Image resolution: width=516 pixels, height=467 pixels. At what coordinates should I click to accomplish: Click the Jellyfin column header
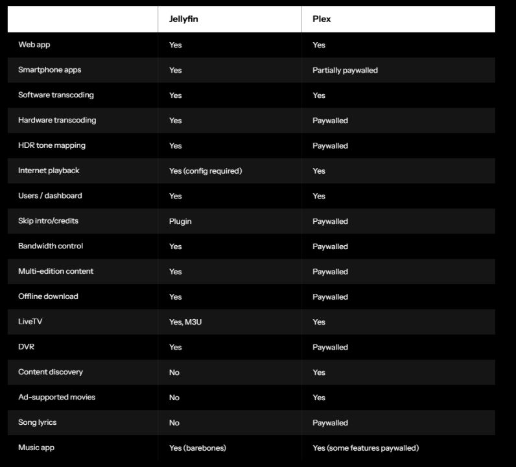click(183, 19)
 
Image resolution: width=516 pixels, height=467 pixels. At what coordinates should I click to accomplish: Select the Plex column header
click(322, 19)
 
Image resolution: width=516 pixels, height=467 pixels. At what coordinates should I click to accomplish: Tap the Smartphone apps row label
click(49, 70)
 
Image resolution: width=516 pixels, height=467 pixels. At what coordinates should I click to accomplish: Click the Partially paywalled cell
click(345, 70)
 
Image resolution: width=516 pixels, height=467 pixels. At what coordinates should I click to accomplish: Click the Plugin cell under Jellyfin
click(180, 221)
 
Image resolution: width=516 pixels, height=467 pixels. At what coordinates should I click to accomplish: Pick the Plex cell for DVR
click(330, 347)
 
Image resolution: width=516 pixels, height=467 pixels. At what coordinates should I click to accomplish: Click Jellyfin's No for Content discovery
click(174, 372)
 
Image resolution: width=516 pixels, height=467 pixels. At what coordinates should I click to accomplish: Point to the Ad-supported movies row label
click(56, 397)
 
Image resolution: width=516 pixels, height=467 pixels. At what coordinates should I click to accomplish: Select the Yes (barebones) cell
click(198, 448)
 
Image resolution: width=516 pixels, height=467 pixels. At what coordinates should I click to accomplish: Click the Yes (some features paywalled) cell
click(366, 448)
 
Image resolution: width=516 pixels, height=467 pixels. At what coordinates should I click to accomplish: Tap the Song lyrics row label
click(38, 422)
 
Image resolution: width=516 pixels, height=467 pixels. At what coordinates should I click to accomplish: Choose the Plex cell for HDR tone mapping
click(330, 145)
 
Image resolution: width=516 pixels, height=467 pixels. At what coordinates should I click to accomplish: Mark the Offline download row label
click(48, 296)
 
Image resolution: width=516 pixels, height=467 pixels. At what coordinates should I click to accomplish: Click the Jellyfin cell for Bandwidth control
click(176, 246)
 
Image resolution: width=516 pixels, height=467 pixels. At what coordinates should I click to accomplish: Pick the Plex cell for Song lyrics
click(330, 422)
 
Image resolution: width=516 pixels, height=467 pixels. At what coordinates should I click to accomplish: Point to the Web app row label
click(34, 45)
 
